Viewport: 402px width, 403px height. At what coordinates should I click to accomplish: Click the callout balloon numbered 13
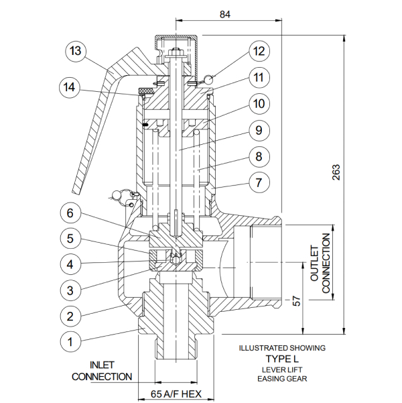coord(75,51)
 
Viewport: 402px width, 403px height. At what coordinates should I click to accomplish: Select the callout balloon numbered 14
coord(70,87)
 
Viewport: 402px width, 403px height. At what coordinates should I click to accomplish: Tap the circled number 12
coord(259,51)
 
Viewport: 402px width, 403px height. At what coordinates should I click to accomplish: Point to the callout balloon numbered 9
coord(259,130)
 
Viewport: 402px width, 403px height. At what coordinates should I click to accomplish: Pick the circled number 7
coord(259,182)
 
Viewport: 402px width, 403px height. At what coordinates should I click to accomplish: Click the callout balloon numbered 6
coord(70,213)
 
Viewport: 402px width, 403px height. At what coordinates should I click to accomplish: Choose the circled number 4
coord(70,264)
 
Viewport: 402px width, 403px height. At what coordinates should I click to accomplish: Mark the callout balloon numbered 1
coord(70,342)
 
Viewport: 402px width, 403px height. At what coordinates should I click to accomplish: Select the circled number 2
coord(70,316)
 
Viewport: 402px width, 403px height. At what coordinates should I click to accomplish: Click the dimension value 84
coord(225,14)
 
